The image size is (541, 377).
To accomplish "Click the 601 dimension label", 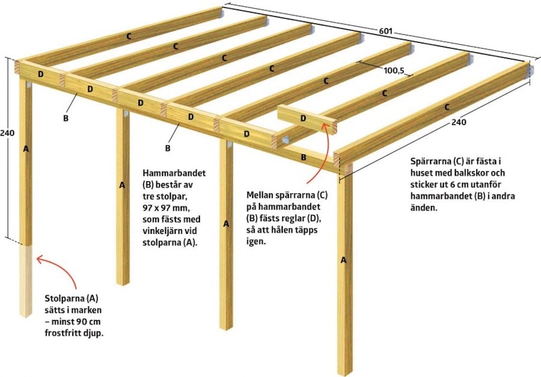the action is [x=386, y=31].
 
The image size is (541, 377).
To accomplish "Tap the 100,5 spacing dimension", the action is [x=394, y=71].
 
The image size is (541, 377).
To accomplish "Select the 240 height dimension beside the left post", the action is [x=7, y=132].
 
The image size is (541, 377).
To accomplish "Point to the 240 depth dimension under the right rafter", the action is [x=459, y=122].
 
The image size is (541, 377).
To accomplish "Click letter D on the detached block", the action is [x=303, y=118].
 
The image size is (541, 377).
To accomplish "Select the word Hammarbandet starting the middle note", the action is [x=174, y=173].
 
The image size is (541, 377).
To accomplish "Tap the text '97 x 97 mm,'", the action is [x=167, y=208].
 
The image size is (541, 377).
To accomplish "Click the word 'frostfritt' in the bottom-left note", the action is [x=62, y=333].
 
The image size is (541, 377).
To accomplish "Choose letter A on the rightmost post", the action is [x=343, y=260].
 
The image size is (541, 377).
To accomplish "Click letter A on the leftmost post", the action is [x=25, y=149].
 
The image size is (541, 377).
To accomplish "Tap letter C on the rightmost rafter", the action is [x=447, y=107].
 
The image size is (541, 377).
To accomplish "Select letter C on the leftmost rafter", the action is [x=129, y=36].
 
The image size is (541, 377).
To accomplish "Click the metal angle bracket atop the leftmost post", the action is [x=28, y=85].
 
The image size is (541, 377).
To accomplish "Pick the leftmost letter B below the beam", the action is [x=66, y=118].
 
